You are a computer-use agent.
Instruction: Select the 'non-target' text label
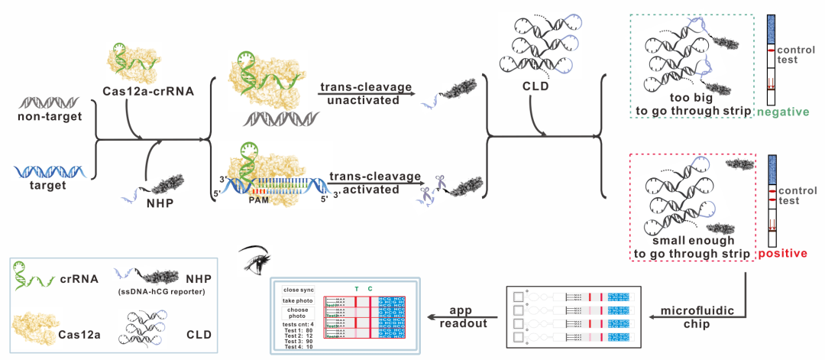coord(49,116)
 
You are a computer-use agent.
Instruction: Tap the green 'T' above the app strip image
coord(356,290)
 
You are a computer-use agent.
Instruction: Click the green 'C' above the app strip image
coord(370,290)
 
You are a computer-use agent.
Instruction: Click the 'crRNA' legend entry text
coord(79,278)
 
